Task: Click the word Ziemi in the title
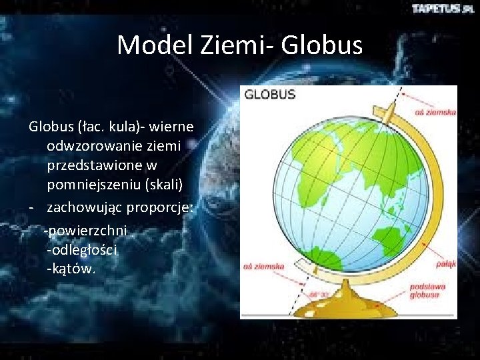click(235, 45)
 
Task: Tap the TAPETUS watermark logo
click(442, 9)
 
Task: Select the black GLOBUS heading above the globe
click(270, 95)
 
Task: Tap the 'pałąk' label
click(445, 264)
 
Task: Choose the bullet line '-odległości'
click(82, 250)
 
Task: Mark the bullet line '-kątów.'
click(71, 269)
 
